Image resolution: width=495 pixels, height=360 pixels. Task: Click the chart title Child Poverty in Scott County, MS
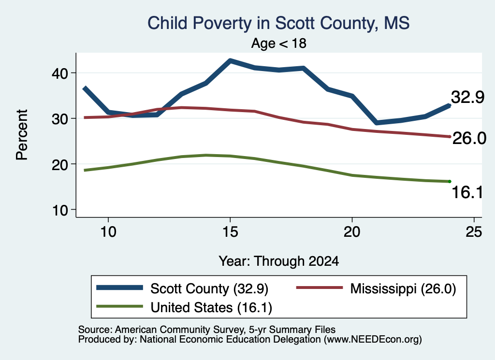[x=278, y=23]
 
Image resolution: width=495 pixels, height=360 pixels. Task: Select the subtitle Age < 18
[x=279, y=43]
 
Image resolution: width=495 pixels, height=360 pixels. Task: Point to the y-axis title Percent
[x=22, y=135]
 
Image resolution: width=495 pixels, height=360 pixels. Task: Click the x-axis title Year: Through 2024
[x=279, y=261]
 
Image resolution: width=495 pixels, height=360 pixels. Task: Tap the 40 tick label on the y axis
[x=60, y=73]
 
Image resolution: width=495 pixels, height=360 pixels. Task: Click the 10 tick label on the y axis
[x=60, y=210]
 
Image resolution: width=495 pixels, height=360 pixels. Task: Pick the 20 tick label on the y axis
[x=60, y=164]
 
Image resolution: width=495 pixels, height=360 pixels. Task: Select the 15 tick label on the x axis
[x=230, y=232]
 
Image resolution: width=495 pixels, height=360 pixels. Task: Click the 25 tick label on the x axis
[x=474, y=232]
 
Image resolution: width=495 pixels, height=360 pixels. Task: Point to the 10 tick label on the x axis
[x=108, y=232]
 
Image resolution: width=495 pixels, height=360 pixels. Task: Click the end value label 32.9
[x=467, y=97]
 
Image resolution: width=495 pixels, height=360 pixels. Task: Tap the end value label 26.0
[x=469, y=138]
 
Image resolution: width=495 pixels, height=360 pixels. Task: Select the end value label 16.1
[x=467, y=192]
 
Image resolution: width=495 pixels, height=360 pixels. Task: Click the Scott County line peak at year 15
[x=231, y=60]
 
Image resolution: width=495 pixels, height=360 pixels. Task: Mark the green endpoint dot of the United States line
[x=450, y=181]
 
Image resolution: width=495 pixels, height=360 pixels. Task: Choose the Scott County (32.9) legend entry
[x=182, y=288]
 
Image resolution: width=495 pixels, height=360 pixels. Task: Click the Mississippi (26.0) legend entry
[x=376, y=288]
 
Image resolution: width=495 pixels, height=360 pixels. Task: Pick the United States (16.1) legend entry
[x=184, y=307]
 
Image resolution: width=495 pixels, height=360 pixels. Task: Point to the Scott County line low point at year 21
[x=376, y=122]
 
